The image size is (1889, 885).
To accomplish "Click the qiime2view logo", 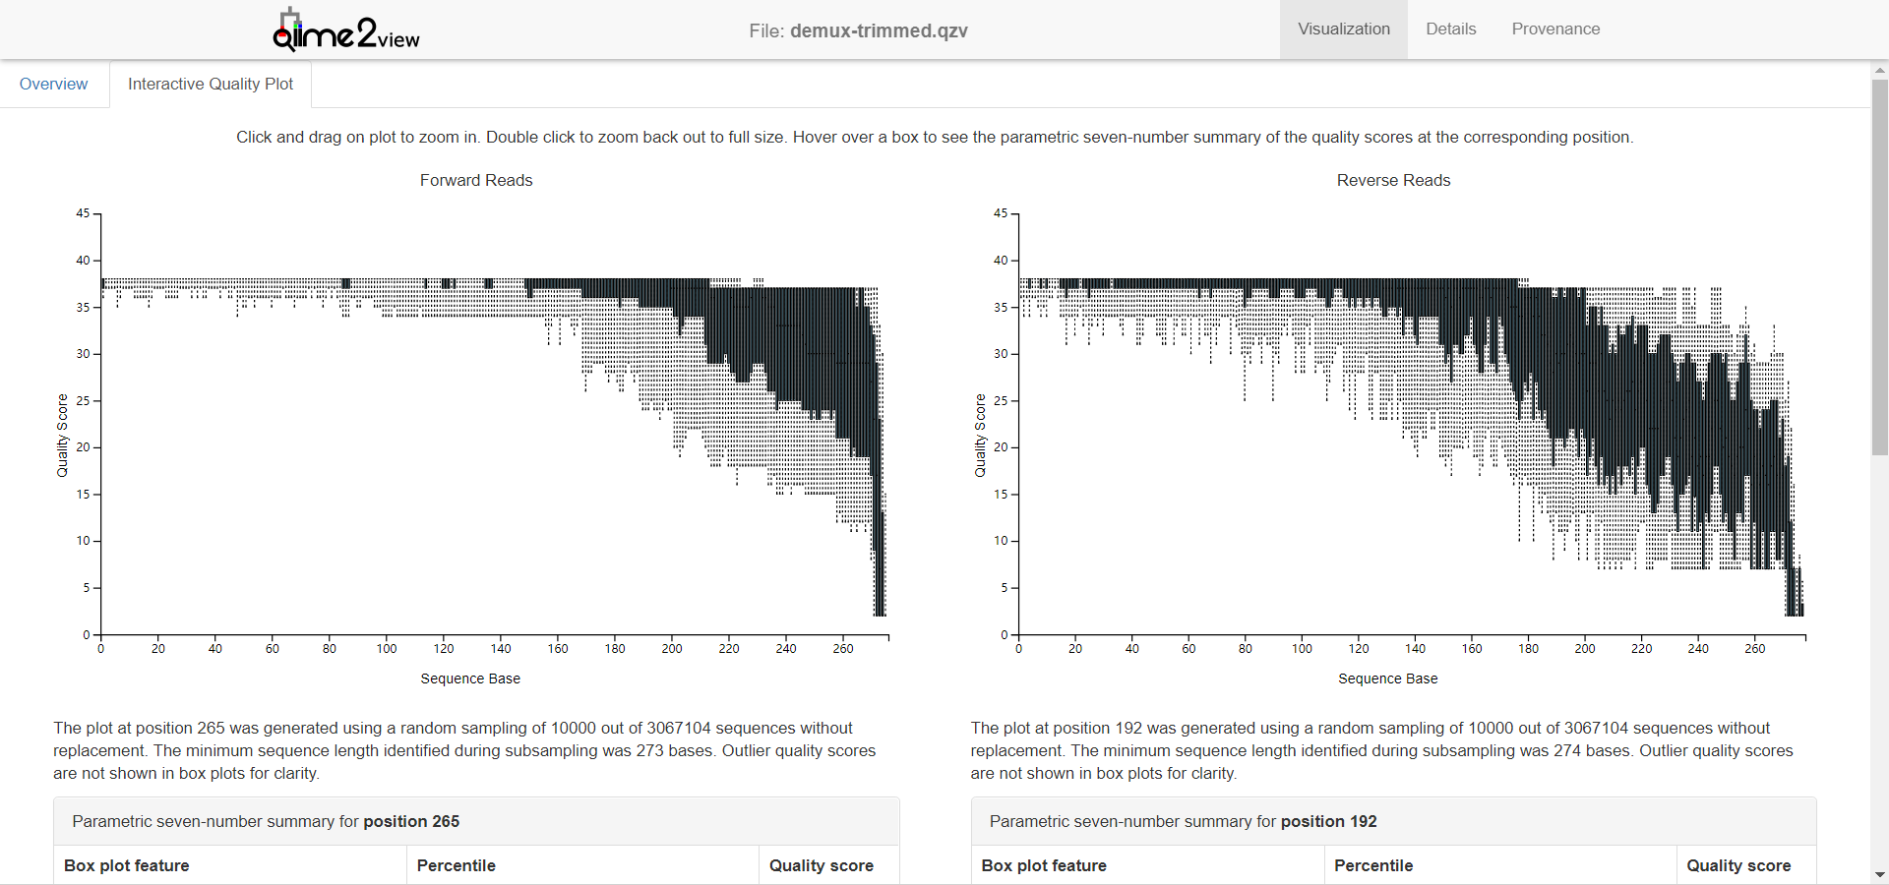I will (345, 30).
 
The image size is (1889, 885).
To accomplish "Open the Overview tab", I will (53, 85).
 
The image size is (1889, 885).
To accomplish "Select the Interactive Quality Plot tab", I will (211, 85).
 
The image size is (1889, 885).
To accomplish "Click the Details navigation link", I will (1450, 29).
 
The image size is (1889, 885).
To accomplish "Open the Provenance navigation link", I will (1555, 29).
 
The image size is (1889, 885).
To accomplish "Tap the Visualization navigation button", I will (1343, 29).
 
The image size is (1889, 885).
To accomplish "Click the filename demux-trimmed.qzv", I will (879, 30).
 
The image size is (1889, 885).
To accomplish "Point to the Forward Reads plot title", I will (476, 181).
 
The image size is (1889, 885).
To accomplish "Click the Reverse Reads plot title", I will (1393, 181).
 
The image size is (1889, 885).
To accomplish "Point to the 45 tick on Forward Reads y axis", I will (83, 213).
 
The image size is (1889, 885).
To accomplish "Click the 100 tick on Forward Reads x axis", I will (387, 649).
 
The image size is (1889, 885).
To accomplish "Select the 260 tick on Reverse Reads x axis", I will (1755, 649).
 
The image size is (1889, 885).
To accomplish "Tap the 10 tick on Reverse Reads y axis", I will (1001, 541).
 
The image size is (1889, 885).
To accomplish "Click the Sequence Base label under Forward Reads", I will (470, 678).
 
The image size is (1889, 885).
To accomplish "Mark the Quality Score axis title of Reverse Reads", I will (980, 436).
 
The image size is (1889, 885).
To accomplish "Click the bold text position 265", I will (411, 822).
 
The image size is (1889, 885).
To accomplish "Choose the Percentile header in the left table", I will (456, 866).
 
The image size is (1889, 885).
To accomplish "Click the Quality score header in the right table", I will (1738, 866).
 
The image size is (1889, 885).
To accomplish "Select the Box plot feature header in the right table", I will (1044, 866).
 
